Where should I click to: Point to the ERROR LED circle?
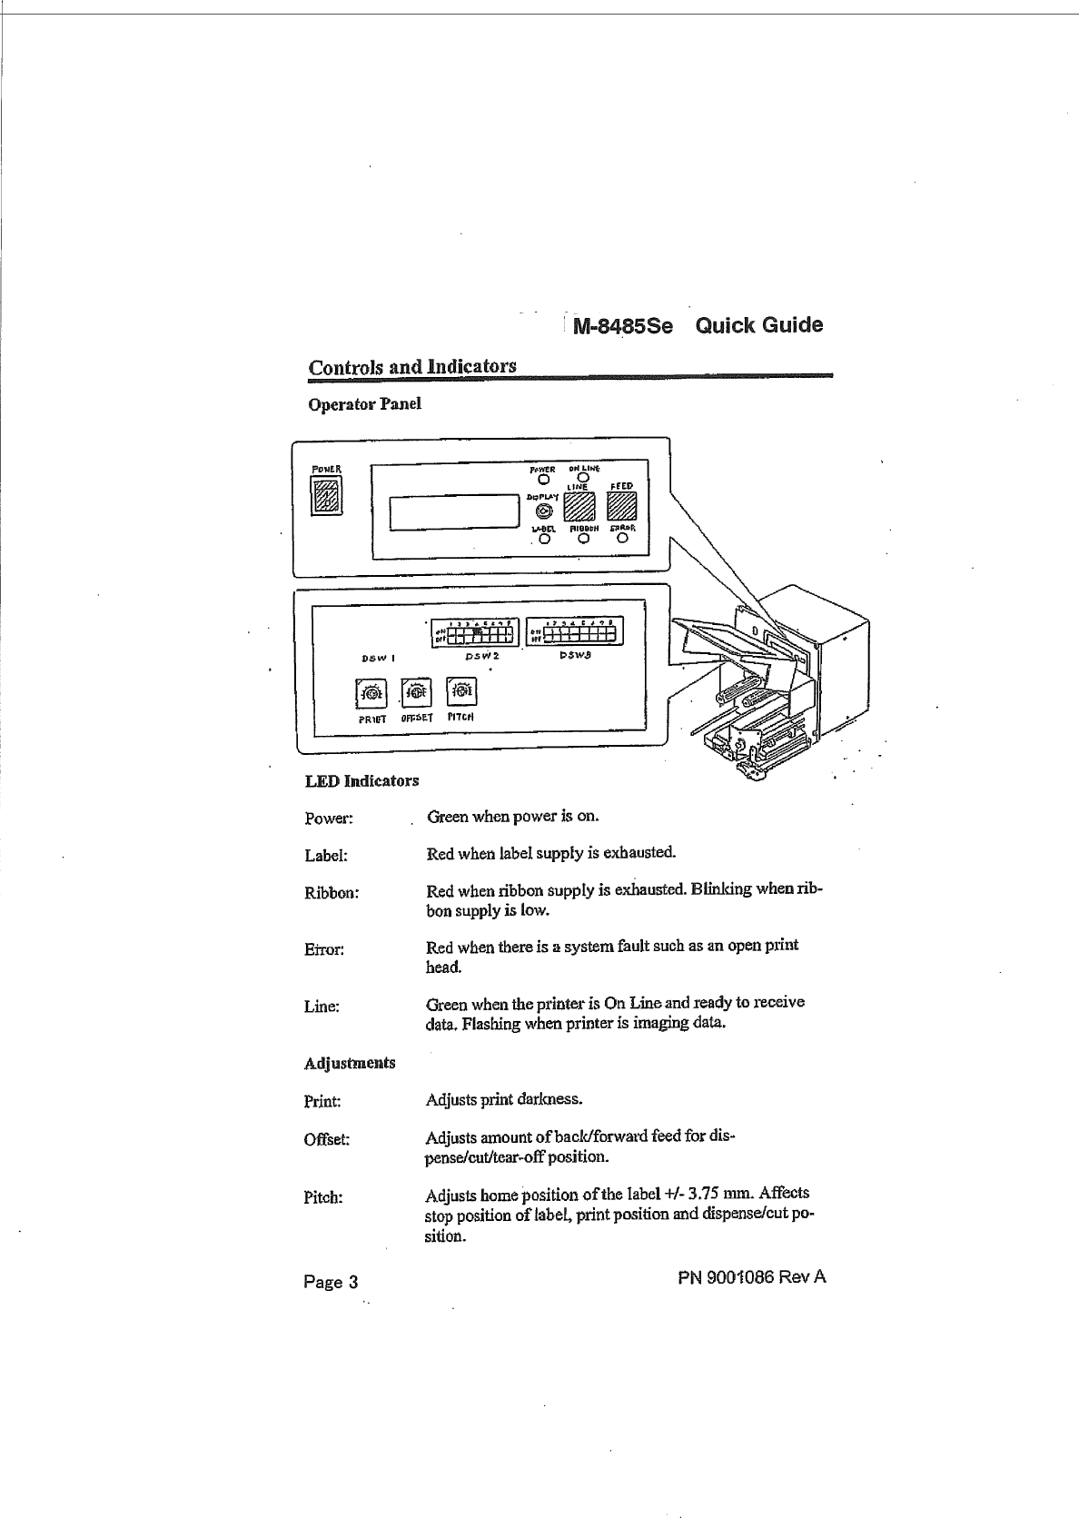click(x=622, y=539)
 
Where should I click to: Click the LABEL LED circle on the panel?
click(x=544, y=539)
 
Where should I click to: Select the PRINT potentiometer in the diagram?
click(x=372, y=695)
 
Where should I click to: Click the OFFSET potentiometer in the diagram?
click(x=416, y=693)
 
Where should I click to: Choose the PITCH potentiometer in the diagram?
click(x=461, y=692)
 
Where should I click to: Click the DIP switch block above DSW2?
click(x=472, y=630)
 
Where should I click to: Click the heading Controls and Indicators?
click(x=412, y=366)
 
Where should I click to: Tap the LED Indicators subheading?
click(x=361, y=780)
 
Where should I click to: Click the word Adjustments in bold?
click(x=350, y=1062)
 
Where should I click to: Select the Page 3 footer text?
click(x=331, y=1282)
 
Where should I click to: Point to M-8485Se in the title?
click(x=622, y=326)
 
